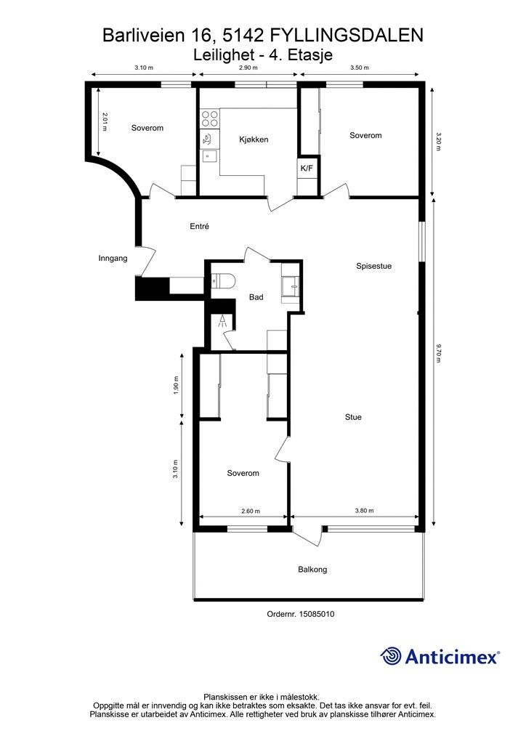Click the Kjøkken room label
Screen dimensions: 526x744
click(x=254, y=139)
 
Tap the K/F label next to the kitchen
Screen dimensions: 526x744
click(x=307, y=168)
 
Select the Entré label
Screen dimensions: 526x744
click(x=199, y=227)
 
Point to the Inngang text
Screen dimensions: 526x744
click(x=113, y=259)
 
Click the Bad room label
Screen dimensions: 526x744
click(x=256, y=297)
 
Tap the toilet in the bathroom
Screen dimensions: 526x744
click(x=223, y=281)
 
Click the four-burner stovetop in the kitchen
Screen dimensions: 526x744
click(x=210, y=118)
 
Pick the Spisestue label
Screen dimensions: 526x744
click(x=373, y=266)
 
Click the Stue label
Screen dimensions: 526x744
click(x=353, y=417)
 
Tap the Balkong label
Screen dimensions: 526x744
click(x=312, y=570)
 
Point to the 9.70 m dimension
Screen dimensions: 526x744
click(x=438, y=354)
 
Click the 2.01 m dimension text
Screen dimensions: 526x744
click(x=105, y=122)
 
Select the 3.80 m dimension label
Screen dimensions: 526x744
click(x=364, y=511)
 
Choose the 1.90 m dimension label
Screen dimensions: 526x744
click(x=176, y=385)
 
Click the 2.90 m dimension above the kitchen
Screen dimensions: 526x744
click(x=248, y=68)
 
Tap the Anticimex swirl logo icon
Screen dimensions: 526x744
click(x=391, y=656)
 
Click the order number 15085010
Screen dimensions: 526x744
click(x=316, y=614)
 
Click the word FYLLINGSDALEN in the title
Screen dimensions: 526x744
click(x=347, y=36)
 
